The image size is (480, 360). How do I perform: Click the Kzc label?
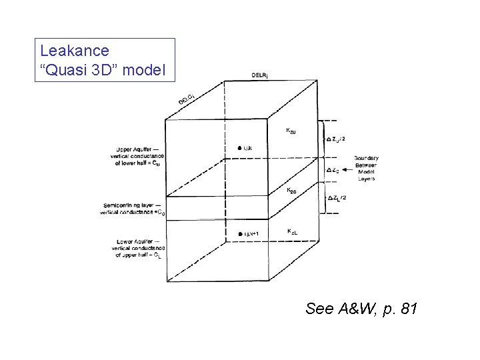(x=292, y=191)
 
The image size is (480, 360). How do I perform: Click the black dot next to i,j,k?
(x=239, y=147)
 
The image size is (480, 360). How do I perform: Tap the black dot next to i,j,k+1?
(x=239, y=233)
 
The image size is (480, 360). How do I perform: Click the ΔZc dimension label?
(x=334, y=169)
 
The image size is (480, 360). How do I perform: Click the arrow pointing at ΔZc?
(x=352, y=169)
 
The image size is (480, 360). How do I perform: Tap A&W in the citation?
(x=352, y=309)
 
